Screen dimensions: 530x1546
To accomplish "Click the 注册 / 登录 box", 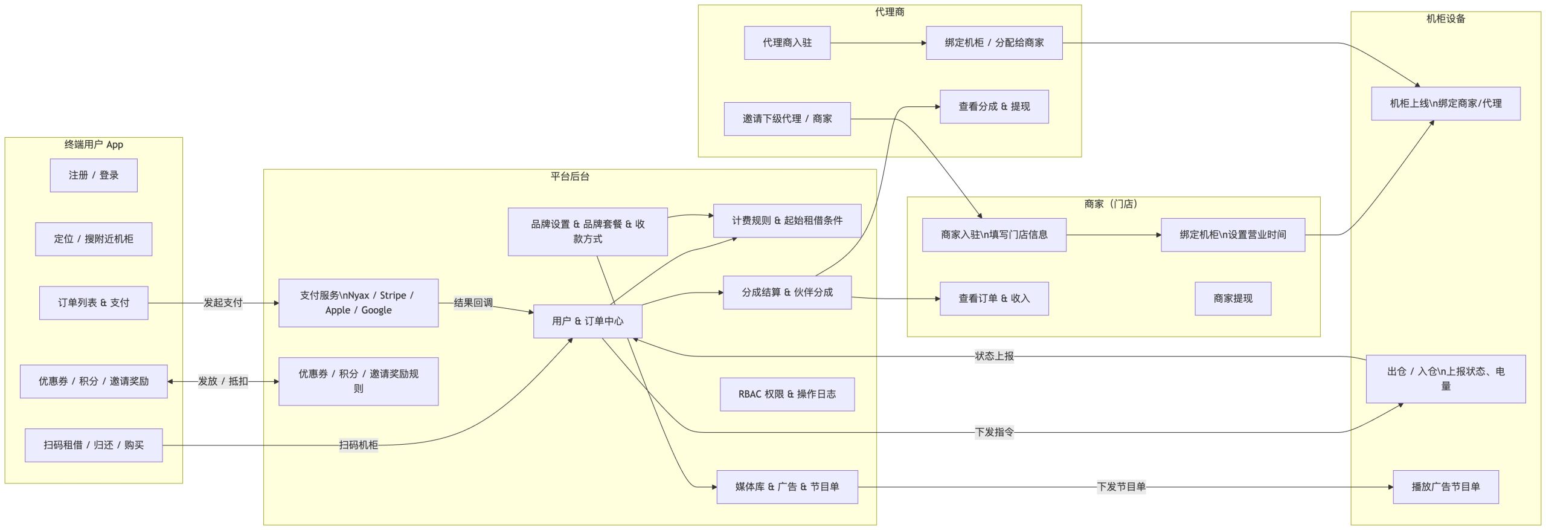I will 94,175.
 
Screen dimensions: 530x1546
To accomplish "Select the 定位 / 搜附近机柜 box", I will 94,239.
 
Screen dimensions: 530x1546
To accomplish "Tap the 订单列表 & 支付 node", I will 94,303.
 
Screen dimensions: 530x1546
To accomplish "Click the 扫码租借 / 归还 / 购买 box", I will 94,445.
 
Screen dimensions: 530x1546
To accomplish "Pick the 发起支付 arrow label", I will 223,303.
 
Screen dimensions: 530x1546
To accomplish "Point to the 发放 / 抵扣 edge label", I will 223,381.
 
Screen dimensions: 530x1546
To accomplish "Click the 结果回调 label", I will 473,303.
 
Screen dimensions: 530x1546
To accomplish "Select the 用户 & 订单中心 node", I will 588,321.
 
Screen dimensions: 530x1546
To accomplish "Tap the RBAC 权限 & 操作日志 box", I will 787,394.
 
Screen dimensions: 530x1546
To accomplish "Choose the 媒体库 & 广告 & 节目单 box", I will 787,486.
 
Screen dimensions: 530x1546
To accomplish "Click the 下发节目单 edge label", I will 1121,486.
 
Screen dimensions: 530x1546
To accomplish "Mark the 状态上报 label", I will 994,356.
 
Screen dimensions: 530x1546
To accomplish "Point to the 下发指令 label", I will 994,432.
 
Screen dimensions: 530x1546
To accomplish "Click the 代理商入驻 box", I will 787,43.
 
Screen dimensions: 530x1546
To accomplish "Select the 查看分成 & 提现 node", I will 994,106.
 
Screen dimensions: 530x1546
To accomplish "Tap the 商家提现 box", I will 1233,299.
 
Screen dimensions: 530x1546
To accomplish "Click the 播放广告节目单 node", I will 1445,486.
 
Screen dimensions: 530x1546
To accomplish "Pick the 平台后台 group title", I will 569,176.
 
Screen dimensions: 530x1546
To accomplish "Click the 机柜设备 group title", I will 1445,19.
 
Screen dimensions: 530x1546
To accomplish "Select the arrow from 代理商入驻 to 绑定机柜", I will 878,43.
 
